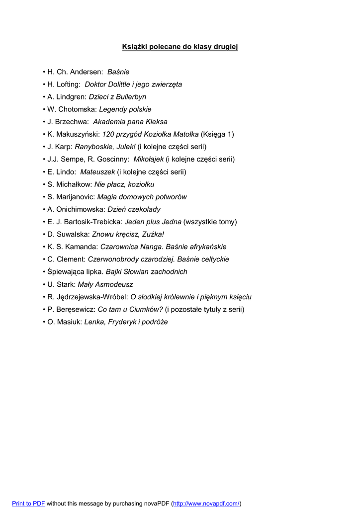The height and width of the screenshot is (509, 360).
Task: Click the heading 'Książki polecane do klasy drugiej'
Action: coord(180,47)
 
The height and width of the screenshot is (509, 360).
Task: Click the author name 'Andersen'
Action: coord(86,72)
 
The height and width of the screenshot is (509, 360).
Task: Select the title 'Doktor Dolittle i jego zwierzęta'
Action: coord(133,85)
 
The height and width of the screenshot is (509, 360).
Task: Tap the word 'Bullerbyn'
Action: coord(131,97)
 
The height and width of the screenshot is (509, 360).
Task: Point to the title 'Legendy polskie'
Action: coord(125,109)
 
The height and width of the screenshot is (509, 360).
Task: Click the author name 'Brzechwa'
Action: coord(71,122)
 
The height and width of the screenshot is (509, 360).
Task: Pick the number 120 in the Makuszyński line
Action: coord(108,134)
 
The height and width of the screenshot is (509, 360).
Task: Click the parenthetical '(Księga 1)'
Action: coord(217,134)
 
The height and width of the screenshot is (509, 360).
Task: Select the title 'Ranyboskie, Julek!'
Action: coord(105,147)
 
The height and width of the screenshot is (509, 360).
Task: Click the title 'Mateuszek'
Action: coord(97,172)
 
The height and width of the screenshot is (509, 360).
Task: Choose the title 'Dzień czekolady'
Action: coord(134,209)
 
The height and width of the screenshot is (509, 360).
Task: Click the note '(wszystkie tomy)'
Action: coord(210,222)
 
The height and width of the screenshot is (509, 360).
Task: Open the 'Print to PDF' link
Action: coord(28,504)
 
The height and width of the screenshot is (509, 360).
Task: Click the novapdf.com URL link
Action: coord(206,504)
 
